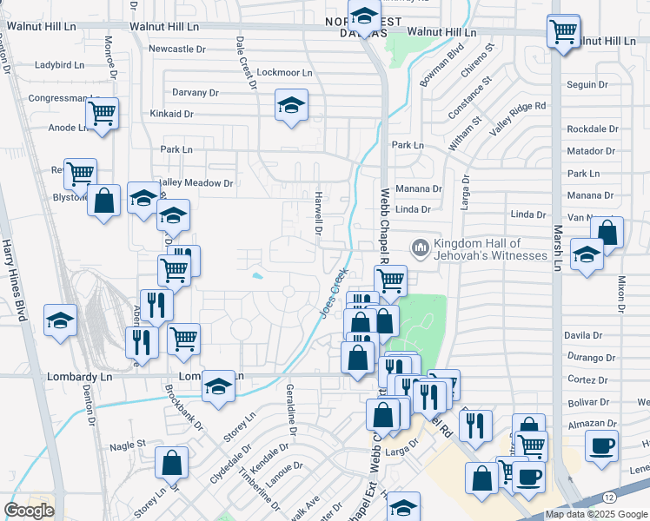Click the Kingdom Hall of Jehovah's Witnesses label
490,250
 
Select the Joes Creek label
334,292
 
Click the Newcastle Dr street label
176,49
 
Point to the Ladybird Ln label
59,65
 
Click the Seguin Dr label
587,85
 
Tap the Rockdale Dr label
592,129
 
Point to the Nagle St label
128,445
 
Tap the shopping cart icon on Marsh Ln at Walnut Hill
564,32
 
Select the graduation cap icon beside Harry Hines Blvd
61,320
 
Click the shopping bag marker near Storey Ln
173,463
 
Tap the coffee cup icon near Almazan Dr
601,446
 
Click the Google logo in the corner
30,511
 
